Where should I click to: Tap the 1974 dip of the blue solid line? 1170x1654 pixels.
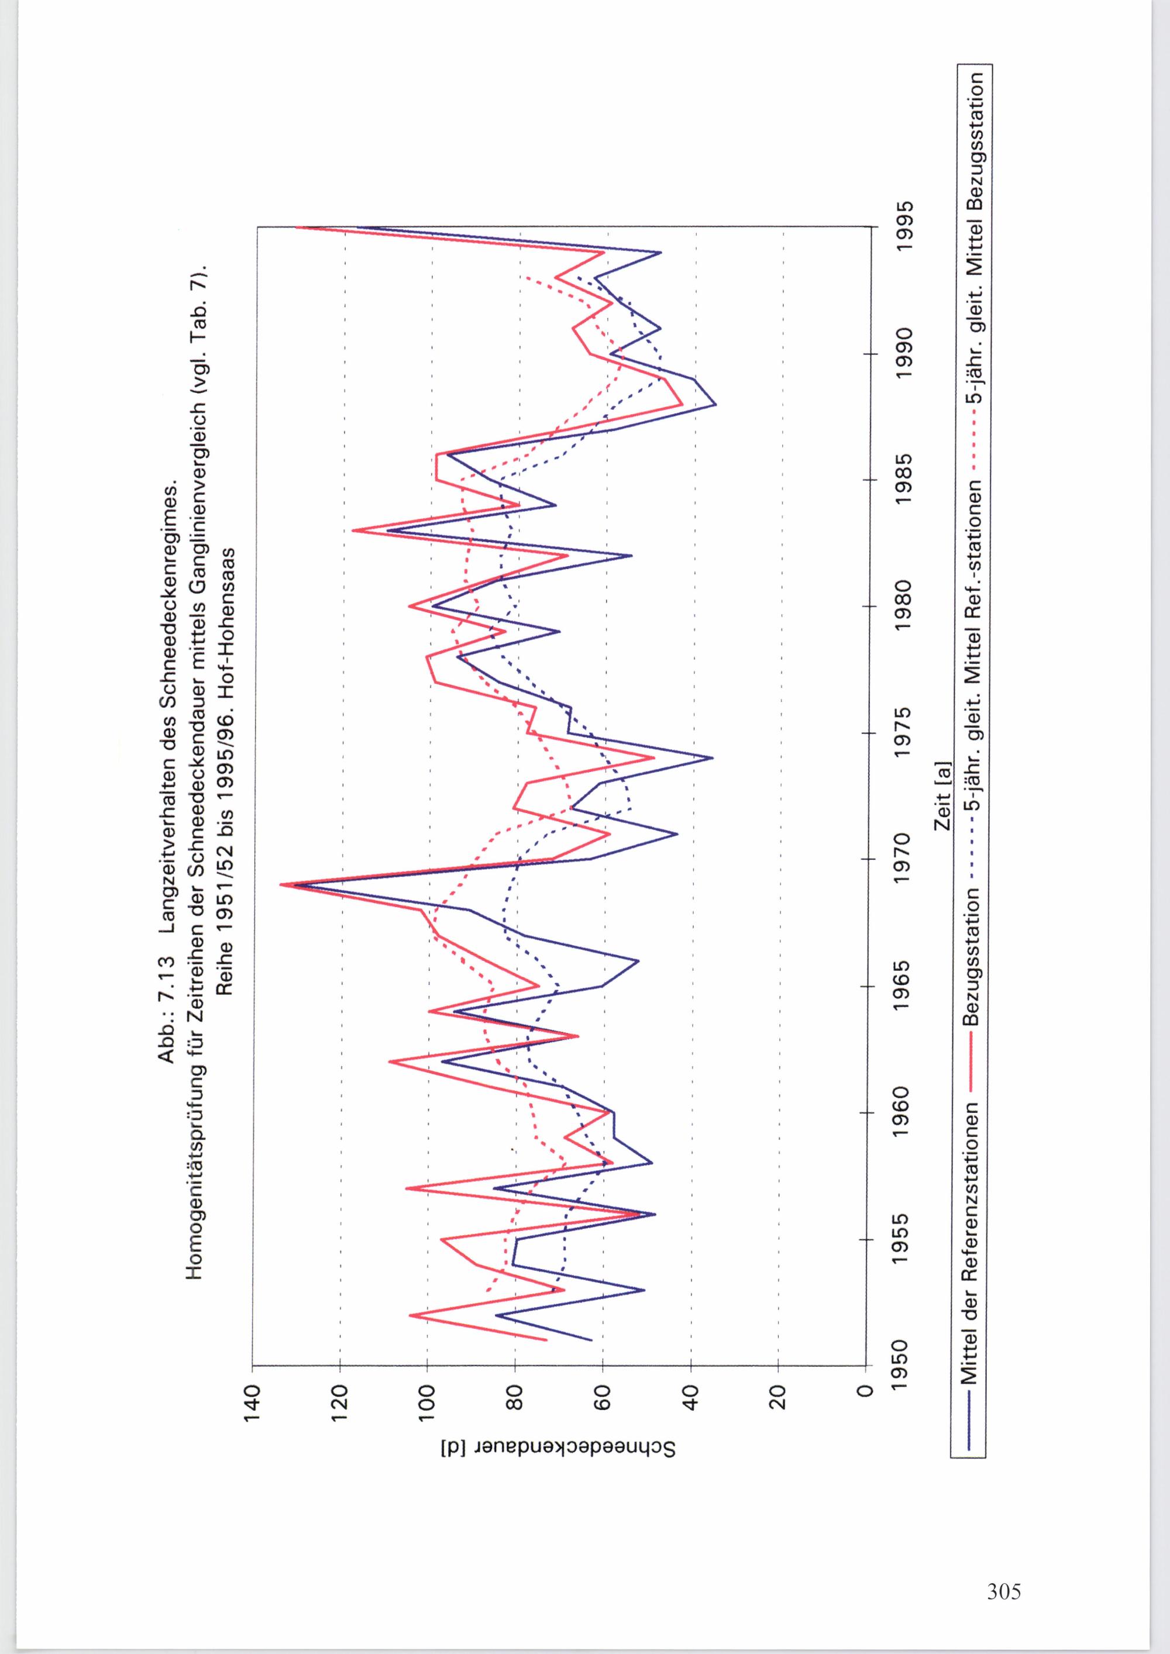tap(712, 758)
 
